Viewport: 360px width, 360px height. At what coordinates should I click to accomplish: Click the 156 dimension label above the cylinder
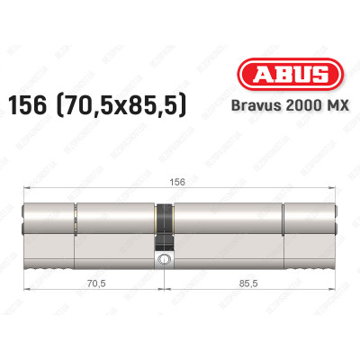[x=180, y=180]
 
